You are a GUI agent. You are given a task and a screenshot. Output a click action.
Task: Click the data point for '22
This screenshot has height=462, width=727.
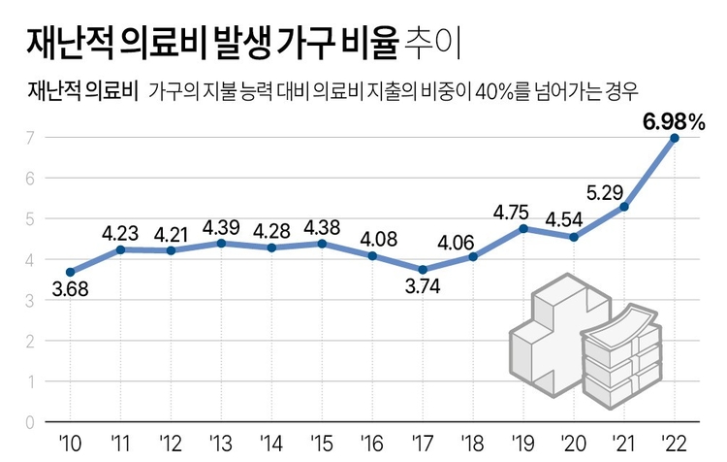[675, 138]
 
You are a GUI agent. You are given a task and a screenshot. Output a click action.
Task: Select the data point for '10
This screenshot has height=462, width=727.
[70, 272]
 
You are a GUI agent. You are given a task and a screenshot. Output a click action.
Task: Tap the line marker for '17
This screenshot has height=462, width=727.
[423, 270]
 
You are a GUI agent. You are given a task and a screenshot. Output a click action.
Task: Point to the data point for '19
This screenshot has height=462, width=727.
[523, 229]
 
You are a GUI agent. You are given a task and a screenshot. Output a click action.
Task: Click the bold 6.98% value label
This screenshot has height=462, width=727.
[673, 120]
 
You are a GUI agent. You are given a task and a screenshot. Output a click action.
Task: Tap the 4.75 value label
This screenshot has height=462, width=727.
[512, 210]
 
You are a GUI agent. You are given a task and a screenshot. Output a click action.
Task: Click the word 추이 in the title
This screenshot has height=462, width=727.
[434, 42]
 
